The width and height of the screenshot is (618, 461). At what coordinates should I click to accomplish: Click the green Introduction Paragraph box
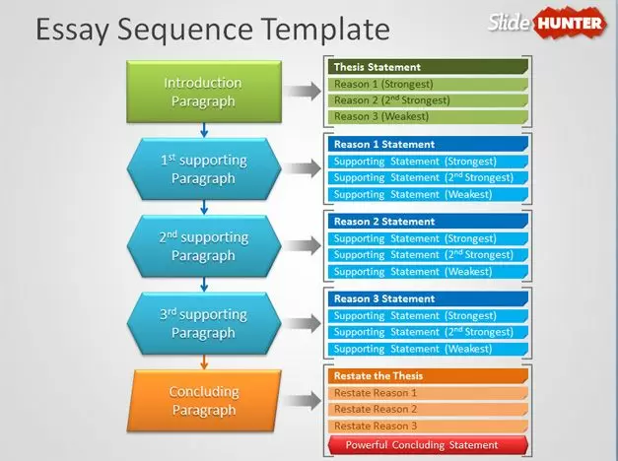[203, 92]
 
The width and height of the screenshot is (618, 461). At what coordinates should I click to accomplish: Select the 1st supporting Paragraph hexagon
[203, 169]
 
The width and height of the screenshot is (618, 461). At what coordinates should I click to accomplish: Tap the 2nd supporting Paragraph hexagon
[203, 246]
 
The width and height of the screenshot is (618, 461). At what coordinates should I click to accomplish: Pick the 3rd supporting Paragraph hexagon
[203, 324]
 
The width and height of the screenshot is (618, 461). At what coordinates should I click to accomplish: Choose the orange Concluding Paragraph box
[203, 401]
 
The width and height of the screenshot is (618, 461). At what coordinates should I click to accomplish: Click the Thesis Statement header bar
[427, 67]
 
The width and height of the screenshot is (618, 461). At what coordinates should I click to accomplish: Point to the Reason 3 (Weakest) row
[427, 116]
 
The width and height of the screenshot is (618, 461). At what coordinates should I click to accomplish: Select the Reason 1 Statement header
[427, 145]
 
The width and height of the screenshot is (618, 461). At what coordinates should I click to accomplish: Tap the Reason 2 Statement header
[427, 222]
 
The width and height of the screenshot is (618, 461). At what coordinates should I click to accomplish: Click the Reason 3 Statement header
[427, 298]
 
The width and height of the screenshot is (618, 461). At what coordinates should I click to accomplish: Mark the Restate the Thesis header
[427, 375]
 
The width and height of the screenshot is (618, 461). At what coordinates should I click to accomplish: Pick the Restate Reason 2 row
[427, 409]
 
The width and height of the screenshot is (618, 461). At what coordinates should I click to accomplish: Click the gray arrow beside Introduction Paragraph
[307, 92]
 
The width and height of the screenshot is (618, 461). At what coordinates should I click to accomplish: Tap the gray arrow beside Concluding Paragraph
[307, 401]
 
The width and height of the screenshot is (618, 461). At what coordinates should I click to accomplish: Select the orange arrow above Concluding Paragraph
[203, 362]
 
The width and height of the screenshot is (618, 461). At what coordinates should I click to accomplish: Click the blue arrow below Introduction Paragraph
[203, 130]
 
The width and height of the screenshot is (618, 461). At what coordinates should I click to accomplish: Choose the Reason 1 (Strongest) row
[427, 84]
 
